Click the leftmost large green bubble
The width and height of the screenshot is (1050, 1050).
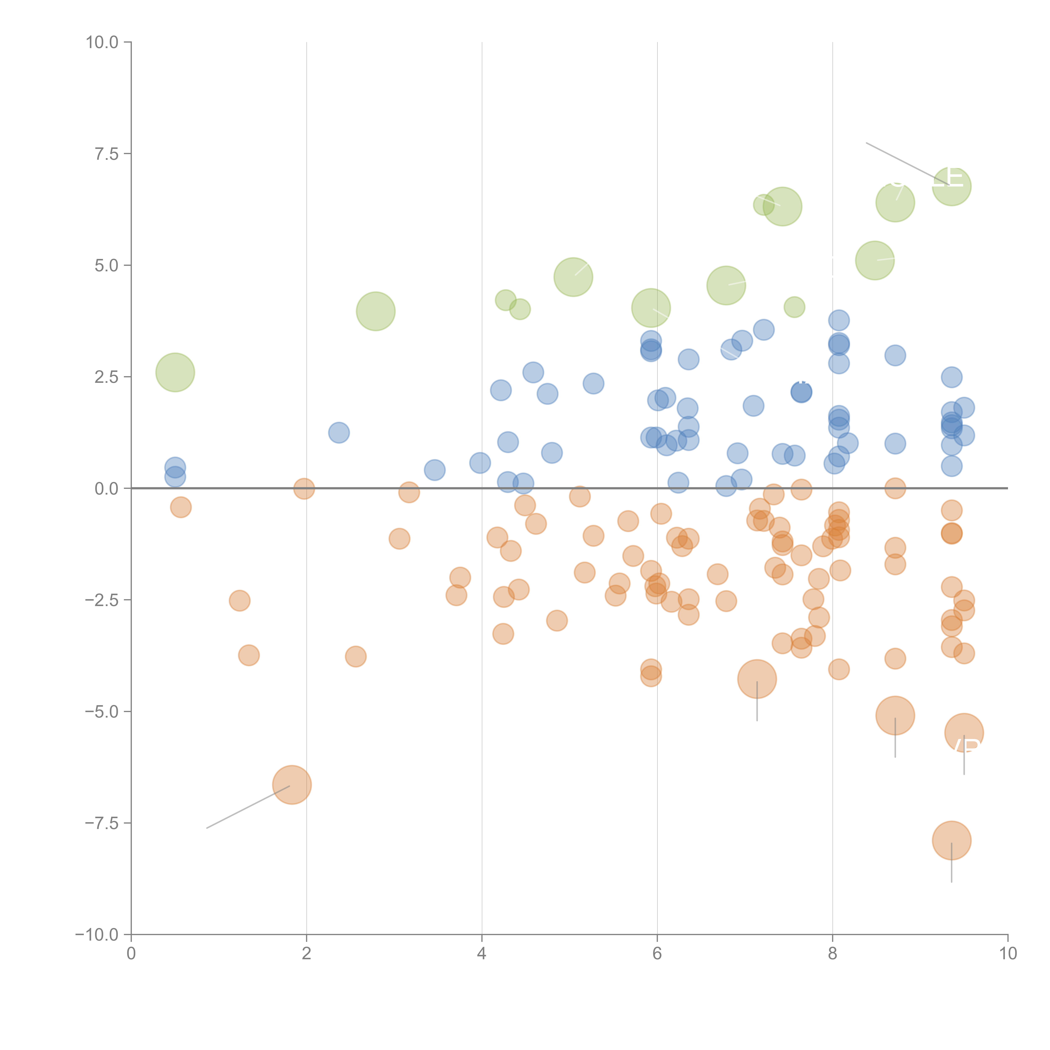(x=175, y=372)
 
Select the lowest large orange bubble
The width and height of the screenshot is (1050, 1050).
(x=951, y=840)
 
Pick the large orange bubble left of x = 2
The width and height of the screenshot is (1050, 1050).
(x=292, y=784)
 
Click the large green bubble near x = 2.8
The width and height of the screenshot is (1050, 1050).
(x=375, y=311)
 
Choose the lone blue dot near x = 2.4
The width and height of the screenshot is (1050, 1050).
(x=339, y=433)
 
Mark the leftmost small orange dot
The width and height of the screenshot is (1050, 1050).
(x=180, y=507)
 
